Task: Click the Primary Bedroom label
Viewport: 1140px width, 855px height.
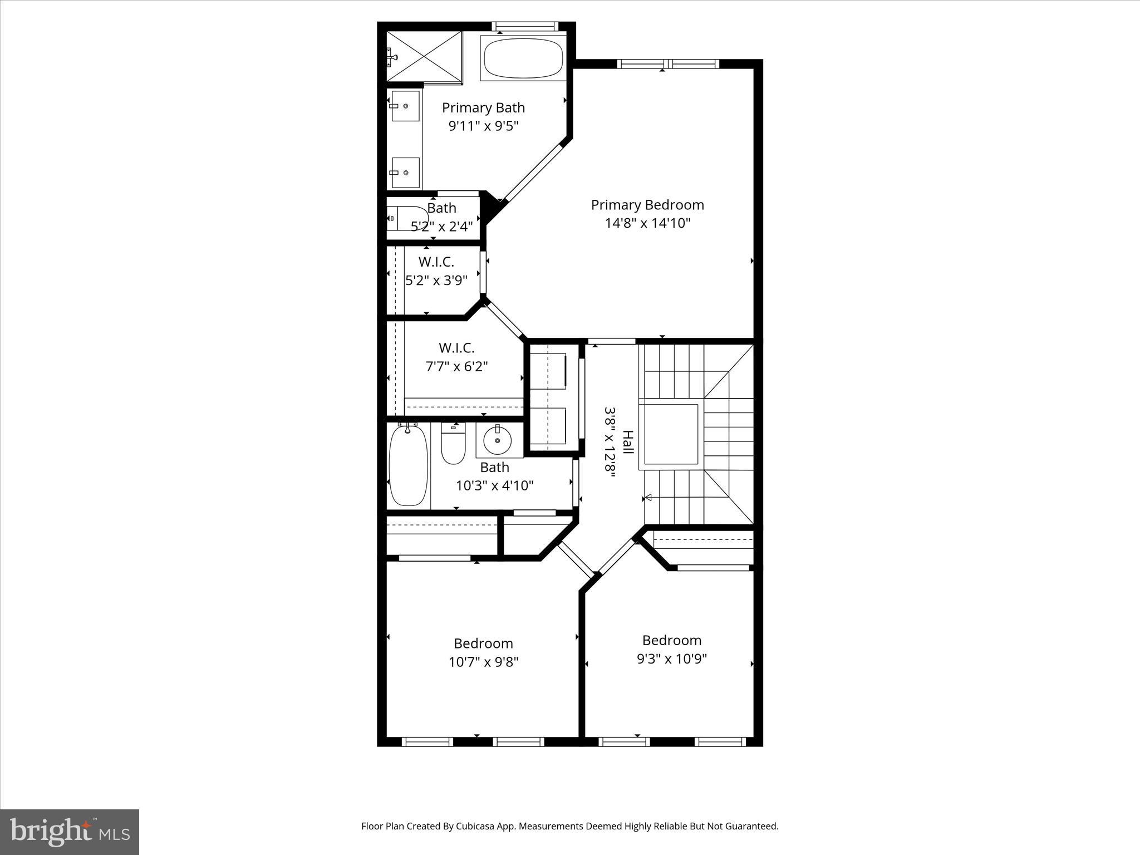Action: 647,205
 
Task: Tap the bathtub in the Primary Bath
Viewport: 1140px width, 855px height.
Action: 523,58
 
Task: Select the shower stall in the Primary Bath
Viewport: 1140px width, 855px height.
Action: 424,57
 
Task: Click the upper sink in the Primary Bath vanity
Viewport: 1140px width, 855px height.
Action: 405,106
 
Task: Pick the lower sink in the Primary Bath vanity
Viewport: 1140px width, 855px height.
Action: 405,173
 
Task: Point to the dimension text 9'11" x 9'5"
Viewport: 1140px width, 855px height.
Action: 483,126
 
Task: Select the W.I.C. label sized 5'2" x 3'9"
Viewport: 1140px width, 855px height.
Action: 436,262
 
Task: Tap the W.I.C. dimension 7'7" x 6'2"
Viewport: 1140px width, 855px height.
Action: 456,366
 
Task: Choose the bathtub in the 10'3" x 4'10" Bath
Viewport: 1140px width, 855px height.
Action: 409,465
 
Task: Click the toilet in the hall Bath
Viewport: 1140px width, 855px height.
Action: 453,444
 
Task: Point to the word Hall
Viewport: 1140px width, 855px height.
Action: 627,442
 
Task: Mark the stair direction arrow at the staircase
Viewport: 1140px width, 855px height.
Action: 648,498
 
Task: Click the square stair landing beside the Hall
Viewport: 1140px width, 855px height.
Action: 671,434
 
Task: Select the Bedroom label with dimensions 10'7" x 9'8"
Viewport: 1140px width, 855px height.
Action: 483,643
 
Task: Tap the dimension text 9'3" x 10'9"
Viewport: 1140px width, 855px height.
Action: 671,659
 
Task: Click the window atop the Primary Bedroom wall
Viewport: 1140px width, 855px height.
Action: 669,64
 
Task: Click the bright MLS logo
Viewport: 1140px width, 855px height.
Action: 70,832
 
